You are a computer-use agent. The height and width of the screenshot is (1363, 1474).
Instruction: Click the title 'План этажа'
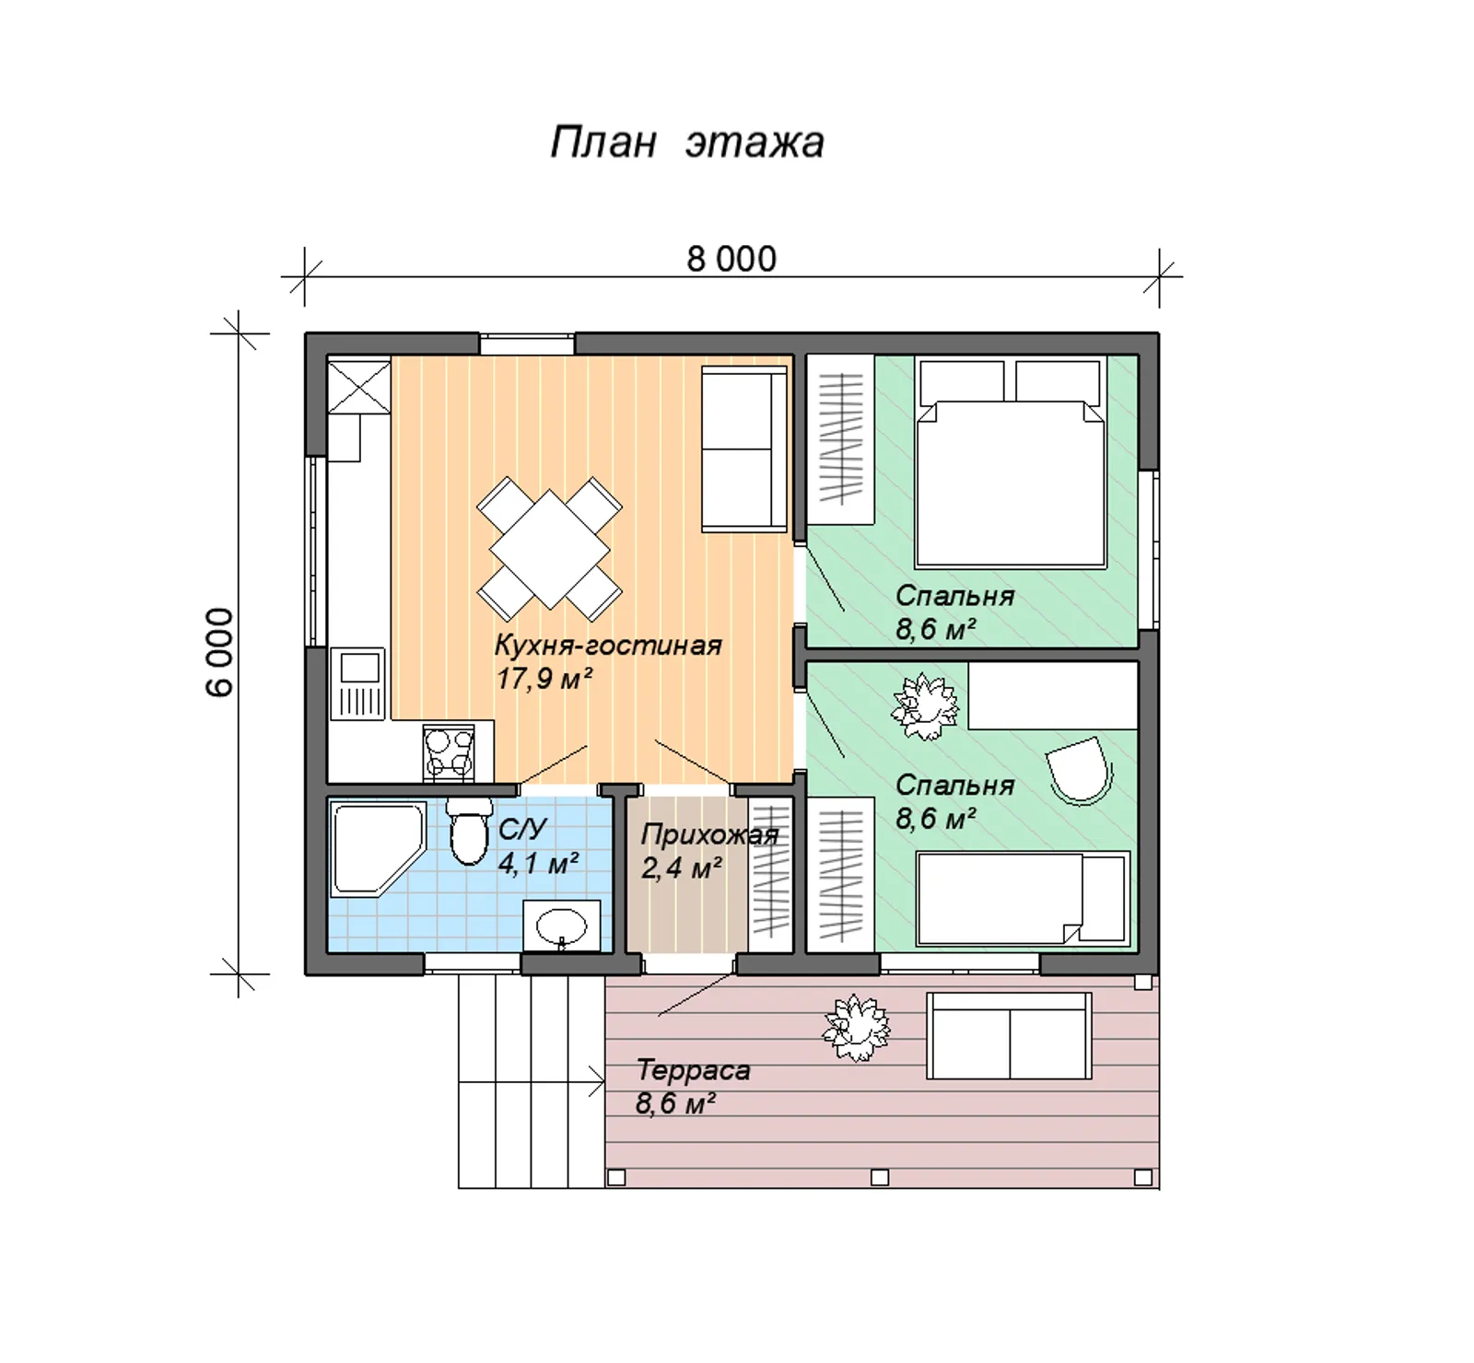point(687,143)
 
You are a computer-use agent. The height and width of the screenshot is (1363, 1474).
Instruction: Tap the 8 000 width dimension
point(731,259)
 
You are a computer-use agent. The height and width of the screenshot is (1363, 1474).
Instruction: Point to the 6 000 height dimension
point(220,652)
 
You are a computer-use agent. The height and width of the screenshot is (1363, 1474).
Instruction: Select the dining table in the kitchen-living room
point(549,549)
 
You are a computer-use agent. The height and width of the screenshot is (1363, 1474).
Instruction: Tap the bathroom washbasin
point(562,925)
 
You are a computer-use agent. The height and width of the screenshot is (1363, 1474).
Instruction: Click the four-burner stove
point(449,751)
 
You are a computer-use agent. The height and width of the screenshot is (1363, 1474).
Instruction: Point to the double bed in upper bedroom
point(1011,463)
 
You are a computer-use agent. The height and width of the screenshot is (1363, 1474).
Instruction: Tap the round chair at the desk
point(1080,770)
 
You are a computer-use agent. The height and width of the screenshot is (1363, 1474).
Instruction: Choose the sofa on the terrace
point(1010,1035)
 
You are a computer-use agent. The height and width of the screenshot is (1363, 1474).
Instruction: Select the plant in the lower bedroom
point(925,706)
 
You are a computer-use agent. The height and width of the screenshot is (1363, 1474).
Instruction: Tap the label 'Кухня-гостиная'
point(608,645)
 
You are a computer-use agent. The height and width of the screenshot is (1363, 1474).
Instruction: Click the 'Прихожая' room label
point(709,834)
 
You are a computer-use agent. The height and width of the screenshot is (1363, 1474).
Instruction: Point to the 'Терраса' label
point(693,1070)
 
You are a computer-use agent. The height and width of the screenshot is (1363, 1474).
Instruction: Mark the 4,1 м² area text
point(538,864)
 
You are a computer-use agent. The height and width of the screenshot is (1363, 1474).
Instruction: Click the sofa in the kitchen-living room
point(744,449)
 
